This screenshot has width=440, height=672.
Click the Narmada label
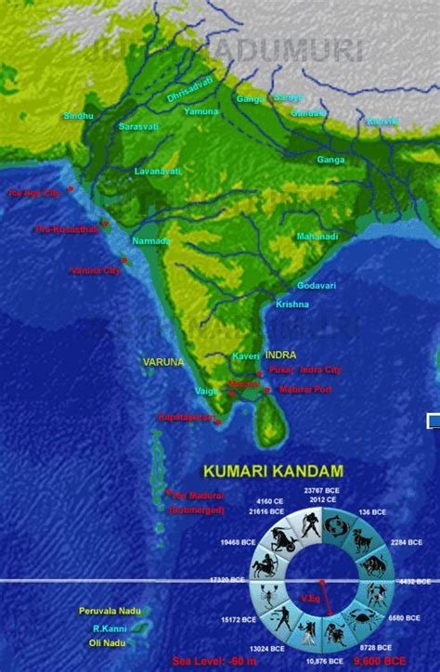tap(152, 241)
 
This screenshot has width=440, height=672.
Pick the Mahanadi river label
tap(317, 236)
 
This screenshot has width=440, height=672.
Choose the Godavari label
tap(317, 285)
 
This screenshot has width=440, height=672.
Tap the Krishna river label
tap(291, 304)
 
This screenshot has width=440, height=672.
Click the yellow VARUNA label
tap(163, 361)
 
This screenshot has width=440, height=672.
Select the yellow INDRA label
tap(280, 355)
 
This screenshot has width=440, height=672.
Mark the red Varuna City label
tap(96, 271)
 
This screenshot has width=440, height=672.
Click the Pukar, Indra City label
tap(305, 369)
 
